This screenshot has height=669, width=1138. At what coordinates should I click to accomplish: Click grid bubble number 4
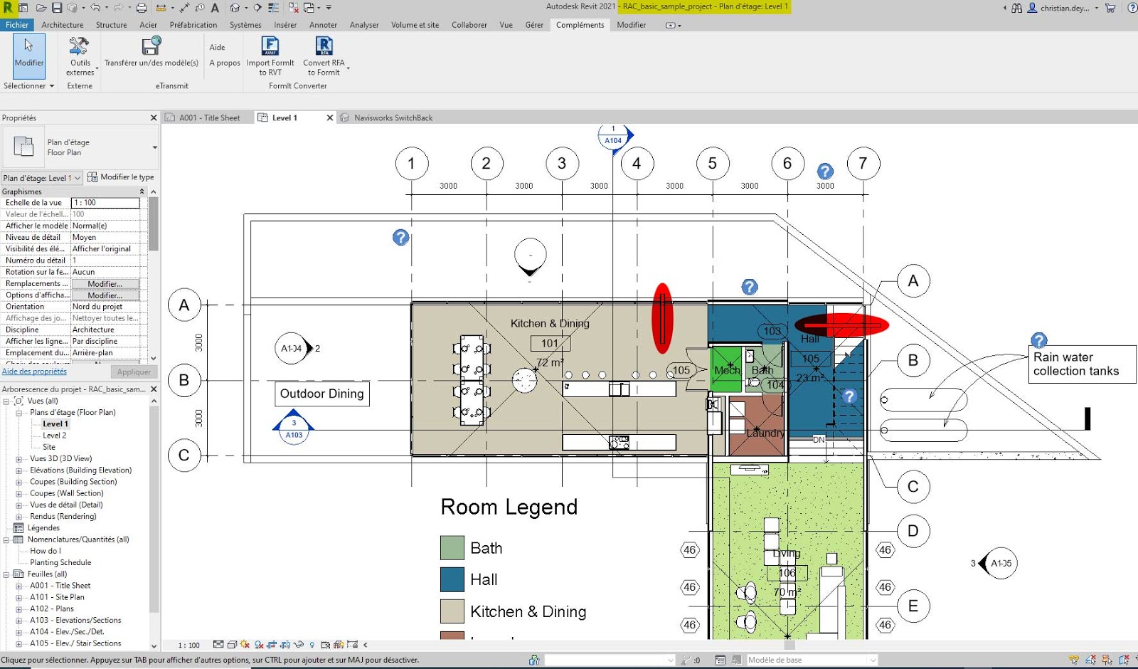tap(637, 164)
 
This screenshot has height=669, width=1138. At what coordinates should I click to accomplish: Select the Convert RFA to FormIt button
tap(324, 56)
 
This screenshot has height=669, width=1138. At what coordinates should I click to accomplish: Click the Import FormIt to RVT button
tap(270, 56)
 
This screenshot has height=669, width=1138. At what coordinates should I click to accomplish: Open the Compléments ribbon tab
tap(580, 25)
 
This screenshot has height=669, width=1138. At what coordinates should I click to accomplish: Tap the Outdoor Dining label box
tap(321, 394)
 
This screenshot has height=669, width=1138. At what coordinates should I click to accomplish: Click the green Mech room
tap(726, 369)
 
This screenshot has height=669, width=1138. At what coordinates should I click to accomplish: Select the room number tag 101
tap(550, 344)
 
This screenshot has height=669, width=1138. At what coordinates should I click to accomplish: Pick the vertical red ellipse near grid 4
tap(662, 318)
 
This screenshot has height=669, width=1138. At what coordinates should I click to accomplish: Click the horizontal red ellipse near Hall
tap(842, 325)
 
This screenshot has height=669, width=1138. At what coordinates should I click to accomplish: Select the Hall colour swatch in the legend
tap(452, 579)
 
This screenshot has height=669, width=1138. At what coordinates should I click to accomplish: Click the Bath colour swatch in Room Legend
tap(452, 548)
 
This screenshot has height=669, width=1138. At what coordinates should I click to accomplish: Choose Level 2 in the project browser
tap(54, 436)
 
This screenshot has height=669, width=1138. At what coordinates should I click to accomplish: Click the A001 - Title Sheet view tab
tap(209, 118)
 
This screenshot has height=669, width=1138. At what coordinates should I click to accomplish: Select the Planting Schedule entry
tap(60, 562)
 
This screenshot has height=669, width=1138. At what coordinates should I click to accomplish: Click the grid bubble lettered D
tap(913, 531)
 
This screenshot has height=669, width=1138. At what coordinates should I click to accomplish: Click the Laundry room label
tap(765, 433)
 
